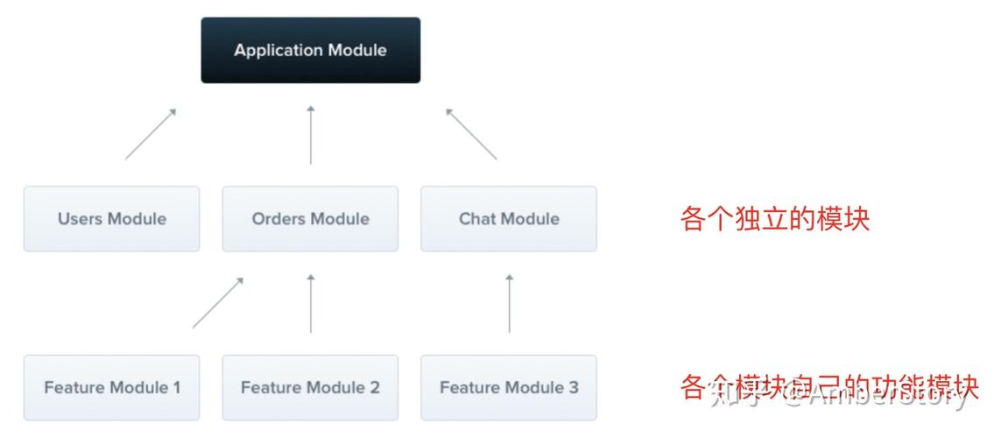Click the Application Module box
(x=310, y=50)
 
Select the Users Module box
(x=111, y=218)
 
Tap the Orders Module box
(x=310, y=218)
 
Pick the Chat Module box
(x=509, y=218)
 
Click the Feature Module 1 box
(x=111, y=387)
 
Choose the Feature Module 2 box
(x=310, y=387)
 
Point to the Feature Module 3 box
(x=509, y=387)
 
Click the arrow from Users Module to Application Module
(x=151, y=134)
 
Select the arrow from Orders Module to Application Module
(x=310, y=135)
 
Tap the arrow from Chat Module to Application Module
(x=471, y=134)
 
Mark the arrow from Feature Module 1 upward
(x=217, y=303)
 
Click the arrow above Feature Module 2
(x=310, y=303)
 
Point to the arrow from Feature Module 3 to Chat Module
(x=509, y=303)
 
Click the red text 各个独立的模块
(x=774, y=218)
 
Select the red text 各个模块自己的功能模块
(x=828, y=387)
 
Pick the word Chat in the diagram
(x=477, y=218)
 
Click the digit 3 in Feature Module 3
(x=574, y=387)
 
